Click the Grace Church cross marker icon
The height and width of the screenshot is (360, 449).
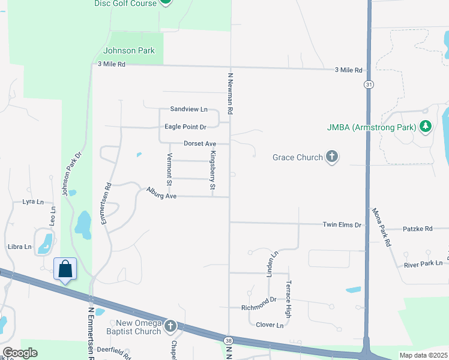(x=331, y=157)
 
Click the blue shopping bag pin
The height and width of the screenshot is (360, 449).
(x=65, y=269)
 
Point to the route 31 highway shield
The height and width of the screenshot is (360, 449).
(x=366, y=85)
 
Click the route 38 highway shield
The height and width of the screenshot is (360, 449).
(x=229, y=340)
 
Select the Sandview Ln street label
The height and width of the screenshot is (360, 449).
(x=188, y=109)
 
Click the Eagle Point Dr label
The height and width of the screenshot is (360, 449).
(x=185, y=127)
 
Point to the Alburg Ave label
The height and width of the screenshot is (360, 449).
(x=161, y=193)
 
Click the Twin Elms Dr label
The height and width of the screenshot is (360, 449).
(x=342, y=224)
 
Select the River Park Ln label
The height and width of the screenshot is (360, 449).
(x=423, y=263)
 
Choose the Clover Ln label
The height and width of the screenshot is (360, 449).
(x=270, y=325)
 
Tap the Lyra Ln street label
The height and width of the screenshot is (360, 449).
(x=34, y=202)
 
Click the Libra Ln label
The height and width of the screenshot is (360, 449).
(x=20, y=247)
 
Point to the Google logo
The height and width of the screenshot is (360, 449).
(x=20, y=353)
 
